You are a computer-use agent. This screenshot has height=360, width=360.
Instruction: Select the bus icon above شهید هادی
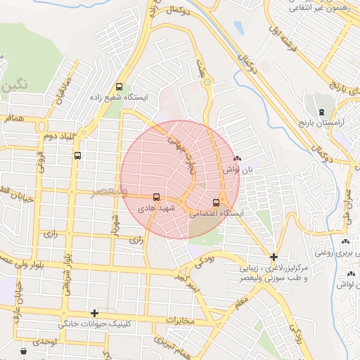point(156,198)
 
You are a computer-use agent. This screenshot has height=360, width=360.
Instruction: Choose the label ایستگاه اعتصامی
point(216,213)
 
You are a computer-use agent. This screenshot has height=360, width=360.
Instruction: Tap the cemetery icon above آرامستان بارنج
point(321,112)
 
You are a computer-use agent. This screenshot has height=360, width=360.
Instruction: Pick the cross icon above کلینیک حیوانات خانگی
point(94,313)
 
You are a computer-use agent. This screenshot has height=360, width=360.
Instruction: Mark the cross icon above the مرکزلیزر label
point(274,257)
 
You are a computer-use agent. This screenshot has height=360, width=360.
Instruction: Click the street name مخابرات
point(179,320)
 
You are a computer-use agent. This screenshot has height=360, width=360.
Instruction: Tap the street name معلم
point(243,303)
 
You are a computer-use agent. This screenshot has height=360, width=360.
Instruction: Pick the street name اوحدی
point(44,341)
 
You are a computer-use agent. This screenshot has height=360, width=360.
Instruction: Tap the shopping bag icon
point(24,350)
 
